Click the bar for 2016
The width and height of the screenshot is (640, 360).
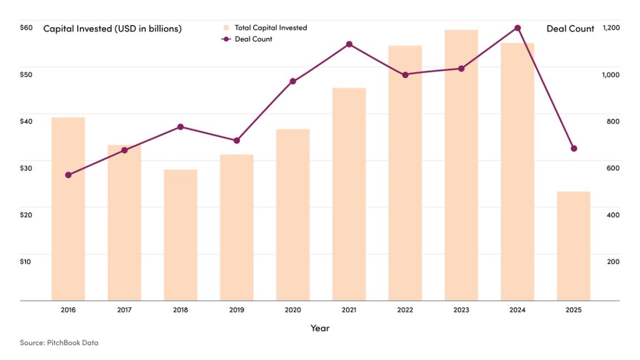pos(68,209)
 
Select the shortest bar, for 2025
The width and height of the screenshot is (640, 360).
pos(573,246)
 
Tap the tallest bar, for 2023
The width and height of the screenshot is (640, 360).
pos(461,165)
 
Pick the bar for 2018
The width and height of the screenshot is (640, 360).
pos(181,235)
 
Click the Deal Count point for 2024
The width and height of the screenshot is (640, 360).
pos(518,28)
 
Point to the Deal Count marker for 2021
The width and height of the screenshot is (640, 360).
pos(349,44)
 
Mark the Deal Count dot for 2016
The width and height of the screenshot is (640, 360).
pos(68,175)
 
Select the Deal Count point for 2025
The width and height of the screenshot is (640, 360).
pos(574,148)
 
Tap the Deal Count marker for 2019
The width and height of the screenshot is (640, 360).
pos(237,141)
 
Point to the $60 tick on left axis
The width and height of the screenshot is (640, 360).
pos(26,28)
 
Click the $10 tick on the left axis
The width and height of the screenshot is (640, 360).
pos(26,261)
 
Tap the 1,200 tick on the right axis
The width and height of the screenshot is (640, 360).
pos(611,28)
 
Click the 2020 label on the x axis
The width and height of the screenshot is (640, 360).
pos(293,310)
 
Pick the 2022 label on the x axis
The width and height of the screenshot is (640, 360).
pos(405,310)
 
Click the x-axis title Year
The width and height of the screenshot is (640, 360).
pos(320,328)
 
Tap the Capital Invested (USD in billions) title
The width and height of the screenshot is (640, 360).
pos(113,29)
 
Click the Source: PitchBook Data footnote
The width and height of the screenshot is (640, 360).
pos(59,343)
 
